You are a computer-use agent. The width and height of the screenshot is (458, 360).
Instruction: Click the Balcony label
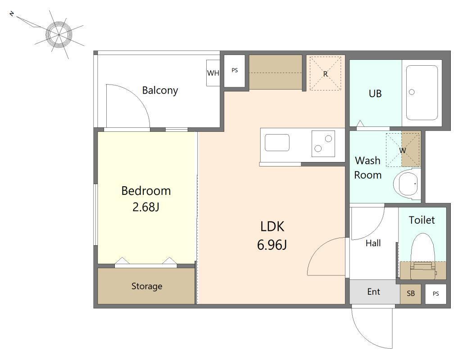click(x=160, y=90)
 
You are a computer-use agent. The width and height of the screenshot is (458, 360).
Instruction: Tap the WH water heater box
click(x=213, y=73)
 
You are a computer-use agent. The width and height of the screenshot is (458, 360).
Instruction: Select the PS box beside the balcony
click(x=234, y=71)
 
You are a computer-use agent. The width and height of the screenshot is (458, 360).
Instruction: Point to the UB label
click(x=375, y=94)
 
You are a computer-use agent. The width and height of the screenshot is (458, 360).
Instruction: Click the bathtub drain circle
click(x=412, y=92)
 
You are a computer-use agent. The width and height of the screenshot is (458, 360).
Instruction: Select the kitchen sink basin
click(x=277, y=143)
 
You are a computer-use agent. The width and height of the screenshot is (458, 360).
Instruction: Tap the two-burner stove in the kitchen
click(x=323, y=144)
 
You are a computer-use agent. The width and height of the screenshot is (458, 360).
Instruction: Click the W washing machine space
click(x=403, y=150)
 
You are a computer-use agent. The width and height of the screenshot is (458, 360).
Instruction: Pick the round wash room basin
click(x=406, y=184)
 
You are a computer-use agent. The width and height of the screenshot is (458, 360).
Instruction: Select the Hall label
click(x=373, y=243)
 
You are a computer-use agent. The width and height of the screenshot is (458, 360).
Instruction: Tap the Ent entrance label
click(x=374, y=292)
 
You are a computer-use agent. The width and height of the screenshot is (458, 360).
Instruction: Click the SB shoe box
click(x=410, y=294)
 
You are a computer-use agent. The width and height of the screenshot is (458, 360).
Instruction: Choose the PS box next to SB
click(x=435, y=294)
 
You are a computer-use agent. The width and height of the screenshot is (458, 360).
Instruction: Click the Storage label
click(x=147, y=286)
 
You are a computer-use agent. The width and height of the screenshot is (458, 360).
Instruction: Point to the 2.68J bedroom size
click(x=146, y=207)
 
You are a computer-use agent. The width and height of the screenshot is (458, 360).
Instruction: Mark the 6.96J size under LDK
click(x=272, y=245)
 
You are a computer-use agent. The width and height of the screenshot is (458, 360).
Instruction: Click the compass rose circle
click(x=59, y=35)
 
